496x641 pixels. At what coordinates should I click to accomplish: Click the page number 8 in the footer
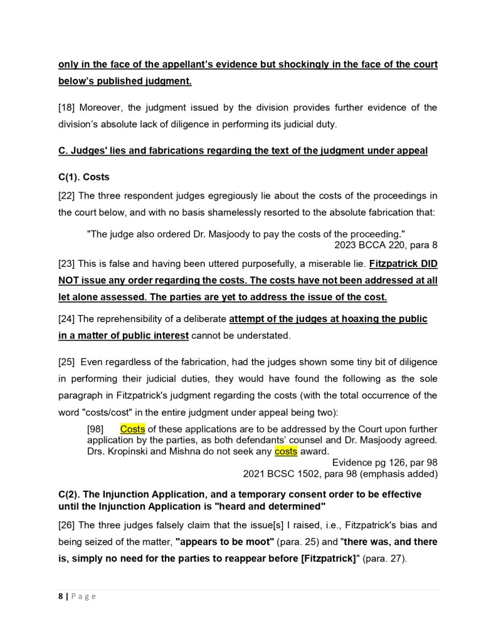(x=60, y=597)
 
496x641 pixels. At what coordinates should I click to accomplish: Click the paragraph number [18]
(x=66, y=107)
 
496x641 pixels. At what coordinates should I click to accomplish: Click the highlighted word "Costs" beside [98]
(x=132, y=429)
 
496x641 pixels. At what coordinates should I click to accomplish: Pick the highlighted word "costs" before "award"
(x=285, y=451)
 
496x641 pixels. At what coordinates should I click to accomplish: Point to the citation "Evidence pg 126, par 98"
(x=384, y=462)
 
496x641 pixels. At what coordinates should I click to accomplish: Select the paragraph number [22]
(x=66, y=196)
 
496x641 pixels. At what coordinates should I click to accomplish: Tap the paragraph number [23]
(x=66, y=264)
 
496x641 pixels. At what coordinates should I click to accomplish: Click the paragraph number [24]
(x=66, y=319)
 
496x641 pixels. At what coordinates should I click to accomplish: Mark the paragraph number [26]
(x=66, y=524)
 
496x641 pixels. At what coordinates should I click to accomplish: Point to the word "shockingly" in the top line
(x=309, y=65)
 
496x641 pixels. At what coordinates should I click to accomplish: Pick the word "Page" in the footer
(x=83, y=597)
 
